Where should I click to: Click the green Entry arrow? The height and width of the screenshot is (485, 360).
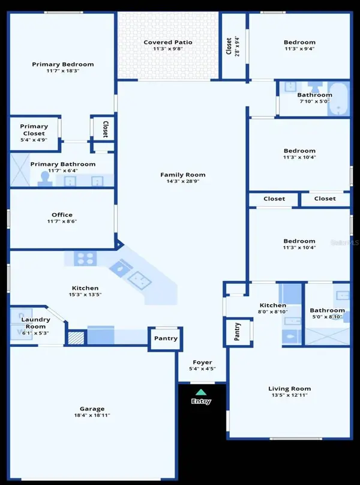pyautogui.click(x=201, y=392)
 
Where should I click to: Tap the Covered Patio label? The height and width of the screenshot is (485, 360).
pyautogui.click(x=168, y=42)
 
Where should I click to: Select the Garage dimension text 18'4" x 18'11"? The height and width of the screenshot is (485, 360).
pyautogui.click(x=92, y=415)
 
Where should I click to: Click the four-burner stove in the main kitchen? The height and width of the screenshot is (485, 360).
pyautogui.click(x=85, y=259)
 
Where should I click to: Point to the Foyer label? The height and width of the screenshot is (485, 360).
pyautogui.click(x=202, y=362)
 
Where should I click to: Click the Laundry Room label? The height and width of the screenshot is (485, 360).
pyautogui.click(x=35, y=323)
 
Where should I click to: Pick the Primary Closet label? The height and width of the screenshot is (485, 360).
pyautogui.click(x=34, y=130)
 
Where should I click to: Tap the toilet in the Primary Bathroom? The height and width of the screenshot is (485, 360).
pyautogui.click(x=45, y=179)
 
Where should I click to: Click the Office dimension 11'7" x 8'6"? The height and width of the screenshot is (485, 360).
pyautogui.click(x=62, y=221)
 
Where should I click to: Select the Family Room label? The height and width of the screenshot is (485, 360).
pyautogui.click(x=183, y=175)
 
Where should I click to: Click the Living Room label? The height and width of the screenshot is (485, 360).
pyautogui.click(x=289, y=388)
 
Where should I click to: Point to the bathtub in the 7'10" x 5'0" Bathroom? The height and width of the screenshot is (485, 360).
pyautogui.click(x=338, y=99)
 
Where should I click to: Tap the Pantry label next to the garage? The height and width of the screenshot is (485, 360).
pyautogui.click(x=166, y=339)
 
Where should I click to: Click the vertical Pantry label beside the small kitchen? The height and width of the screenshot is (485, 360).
pyautogui.click(x=237, y=331)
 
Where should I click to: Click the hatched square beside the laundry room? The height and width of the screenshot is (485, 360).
pyautogui.click(x=76, y=338)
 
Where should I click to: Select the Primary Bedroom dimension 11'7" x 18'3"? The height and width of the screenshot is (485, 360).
pyautogui.click(x=63, y=70)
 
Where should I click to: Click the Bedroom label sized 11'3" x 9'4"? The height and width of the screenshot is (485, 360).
pyautogui.click(x=299, y=42)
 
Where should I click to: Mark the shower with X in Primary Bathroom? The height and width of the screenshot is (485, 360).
pyautogui.click(x=20, y=169)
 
